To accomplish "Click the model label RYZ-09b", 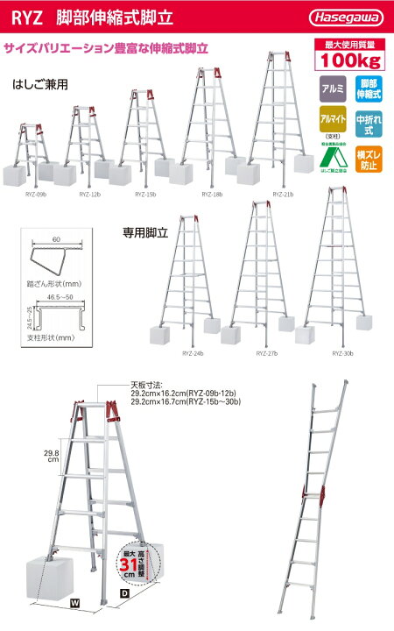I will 30,193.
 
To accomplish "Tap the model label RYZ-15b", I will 145,193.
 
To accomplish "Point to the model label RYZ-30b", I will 343,353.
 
